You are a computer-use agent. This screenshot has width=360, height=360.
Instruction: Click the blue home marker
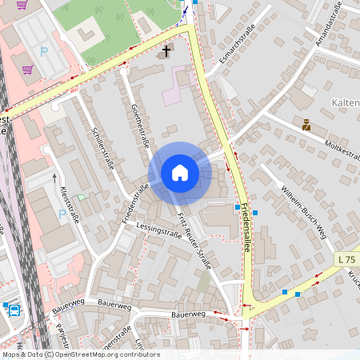tap(179, 173)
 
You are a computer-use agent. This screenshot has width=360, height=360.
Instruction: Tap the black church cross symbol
tap(166, 52)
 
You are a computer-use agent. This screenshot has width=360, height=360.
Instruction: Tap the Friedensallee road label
tap(248, 229)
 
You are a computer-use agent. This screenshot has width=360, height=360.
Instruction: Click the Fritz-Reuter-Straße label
tap(194, 242)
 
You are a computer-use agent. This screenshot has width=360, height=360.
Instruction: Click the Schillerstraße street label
tap(104, 149)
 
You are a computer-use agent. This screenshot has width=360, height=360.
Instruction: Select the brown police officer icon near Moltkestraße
tap(306, 124)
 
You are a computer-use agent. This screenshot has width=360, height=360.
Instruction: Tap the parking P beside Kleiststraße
tap(62, 214)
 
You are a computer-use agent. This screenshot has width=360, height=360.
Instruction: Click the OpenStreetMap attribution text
tap(80, 354)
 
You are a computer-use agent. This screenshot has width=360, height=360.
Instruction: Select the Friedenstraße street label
tap(136, 203)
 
